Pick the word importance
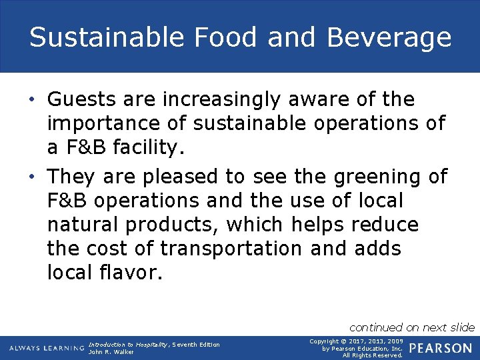(x=98, y=124)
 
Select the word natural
(x=80, y=225)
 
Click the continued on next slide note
(x=412, y=327)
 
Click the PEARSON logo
(x=441, y=348)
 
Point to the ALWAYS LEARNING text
(x=46, y=348)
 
